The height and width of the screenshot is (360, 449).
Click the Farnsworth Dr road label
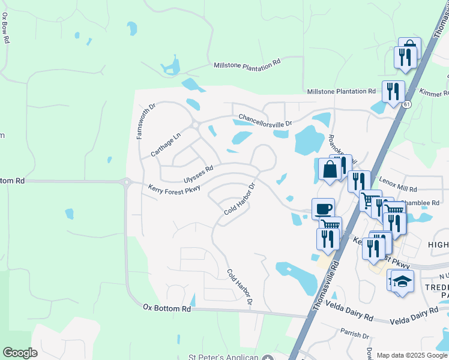(x=146, y=121)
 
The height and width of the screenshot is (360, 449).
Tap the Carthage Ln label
(x=165, y=145)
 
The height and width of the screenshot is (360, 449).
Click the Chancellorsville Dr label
(x=265, y=121)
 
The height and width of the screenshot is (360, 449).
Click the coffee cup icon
(x=324, y=209)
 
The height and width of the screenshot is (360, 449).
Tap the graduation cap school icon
(x=403, y=281)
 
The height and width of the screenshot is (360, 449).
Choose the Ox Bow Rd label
(x=6, y=26)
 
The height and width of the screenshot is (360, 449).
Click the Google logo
(x=20, y=353)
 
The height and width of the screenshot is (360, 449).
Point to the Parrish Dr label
(x=354, y=334)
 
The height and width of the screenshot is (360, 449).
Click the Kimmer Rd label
(x=436, y=94)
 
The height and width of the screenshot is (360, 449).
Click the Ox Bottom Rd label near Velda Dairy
(x=167, y=308)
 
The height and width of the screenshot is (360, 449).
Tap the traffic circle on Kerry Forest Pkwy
(x=126, y=182)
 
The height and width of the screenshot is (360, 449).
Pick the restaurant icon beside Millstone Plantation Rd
(x=393, y=91)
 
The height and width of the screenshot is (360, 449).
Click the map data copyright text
(x=412, y=355)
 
